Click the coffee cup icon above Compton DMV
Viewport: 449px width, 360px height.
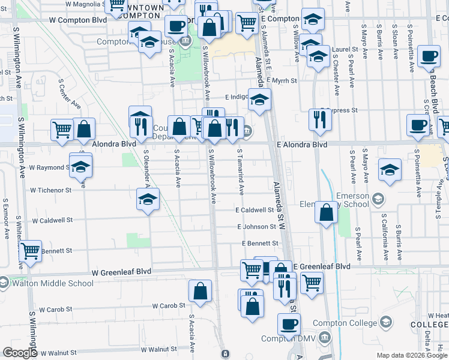pos(289,325)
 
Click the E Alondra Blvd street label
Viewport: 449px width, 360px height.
pos(302,145)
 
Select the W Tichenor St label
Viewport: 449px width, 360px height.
pos(50,190)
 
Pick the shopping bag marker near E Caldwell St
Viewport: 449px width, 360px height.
pos(325,212)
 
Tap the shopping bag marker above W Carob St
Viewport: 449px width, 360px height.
pos(200,291)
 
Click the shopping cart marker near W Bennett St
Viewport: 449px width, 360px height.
pos(30,251)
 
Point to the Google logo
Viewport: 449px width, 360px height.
pos(20,353)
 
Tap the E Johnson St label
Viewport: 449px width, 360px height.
pos(256,227)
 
